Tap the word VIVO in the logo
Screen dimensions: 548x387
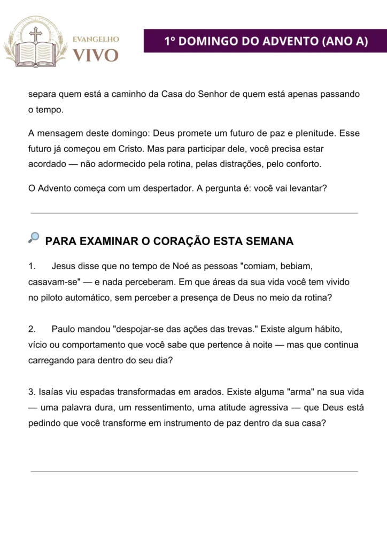(x=96, y=55)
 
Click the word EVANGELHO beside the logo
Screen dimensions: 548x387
(x=96, y=39)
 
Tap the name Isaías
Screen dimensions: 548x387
(x=52, y=392)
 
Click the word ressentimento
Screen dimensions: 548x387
(x=161, y=407)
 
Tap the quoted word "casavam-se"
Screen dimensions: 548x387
(x=53, y=281)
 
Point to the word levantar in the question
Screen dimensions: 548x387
(x=305, y=189)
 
